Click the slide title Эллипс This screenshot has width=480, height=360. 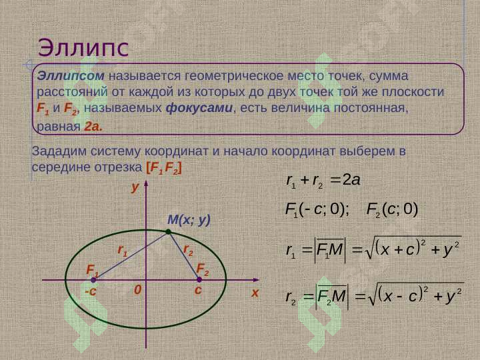(83, 47)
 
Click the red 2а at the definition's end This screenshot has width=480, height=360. (93, 125)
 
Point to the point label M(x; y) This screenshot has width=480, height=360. (189, 219)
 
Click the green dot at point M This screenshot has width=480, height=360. (169, 231)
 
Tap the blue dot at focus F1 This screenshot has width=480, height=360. (93, 280)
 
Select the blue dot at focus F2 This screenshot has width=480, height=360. (199, 280)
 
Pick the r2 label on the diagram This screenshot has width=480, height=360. (188, 250)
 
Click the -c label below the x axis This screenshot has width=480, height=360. (91, 292)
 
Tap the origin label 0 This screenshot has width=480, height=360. (137, 291)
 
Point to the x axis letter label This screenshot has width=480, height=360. (254, 293)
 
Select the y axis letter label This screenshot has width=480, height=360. (135, 188)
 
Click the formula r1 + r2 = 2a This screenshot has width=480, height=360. (321, 179)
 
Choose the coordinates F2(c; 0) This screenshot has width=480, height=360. (392, 210)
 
